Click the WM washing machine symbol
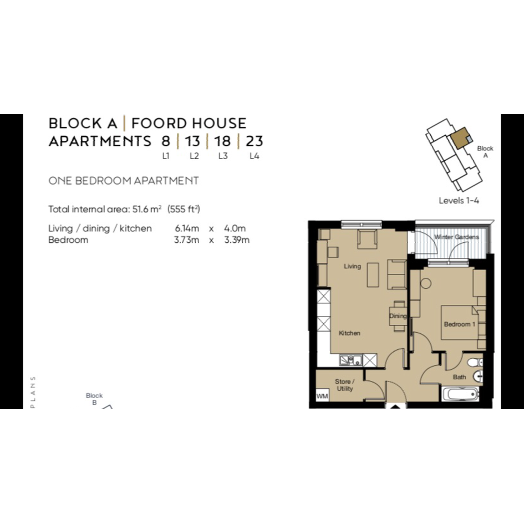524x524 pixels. [x=322, y=396]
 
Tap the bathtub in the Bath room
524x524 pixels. [x=460, y=394]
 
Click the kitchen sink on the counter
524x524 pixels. [x=351, y=360]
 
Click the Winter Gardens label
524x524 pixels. [x=456, y=237]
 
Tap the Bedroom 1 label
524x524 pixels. [x=460, y=324]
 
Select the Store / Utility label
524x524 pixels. [x=344, y=385]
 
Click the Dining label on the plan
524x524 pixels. [x=398, y=316]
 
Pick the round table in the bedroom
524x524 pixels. [x=426, y=284]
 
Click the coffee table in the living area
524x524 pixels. [x=373, y=274]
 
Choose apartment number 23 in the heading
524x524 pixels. [x=255, y=141]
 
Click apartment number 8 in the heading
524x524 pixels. [x=166, y=141]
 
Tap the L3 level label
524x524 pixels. [x=223, y=156]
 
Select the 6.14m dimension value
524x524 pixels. [x=187, y=228]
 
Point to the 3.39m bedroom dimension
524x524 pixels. [x=237, y=240]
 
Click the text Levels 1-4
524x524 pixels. [x=459, y=201]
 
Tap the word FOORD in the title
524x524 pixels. [x=159, y=123]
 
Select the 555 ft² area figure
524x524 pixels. [x=184, y=209]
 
